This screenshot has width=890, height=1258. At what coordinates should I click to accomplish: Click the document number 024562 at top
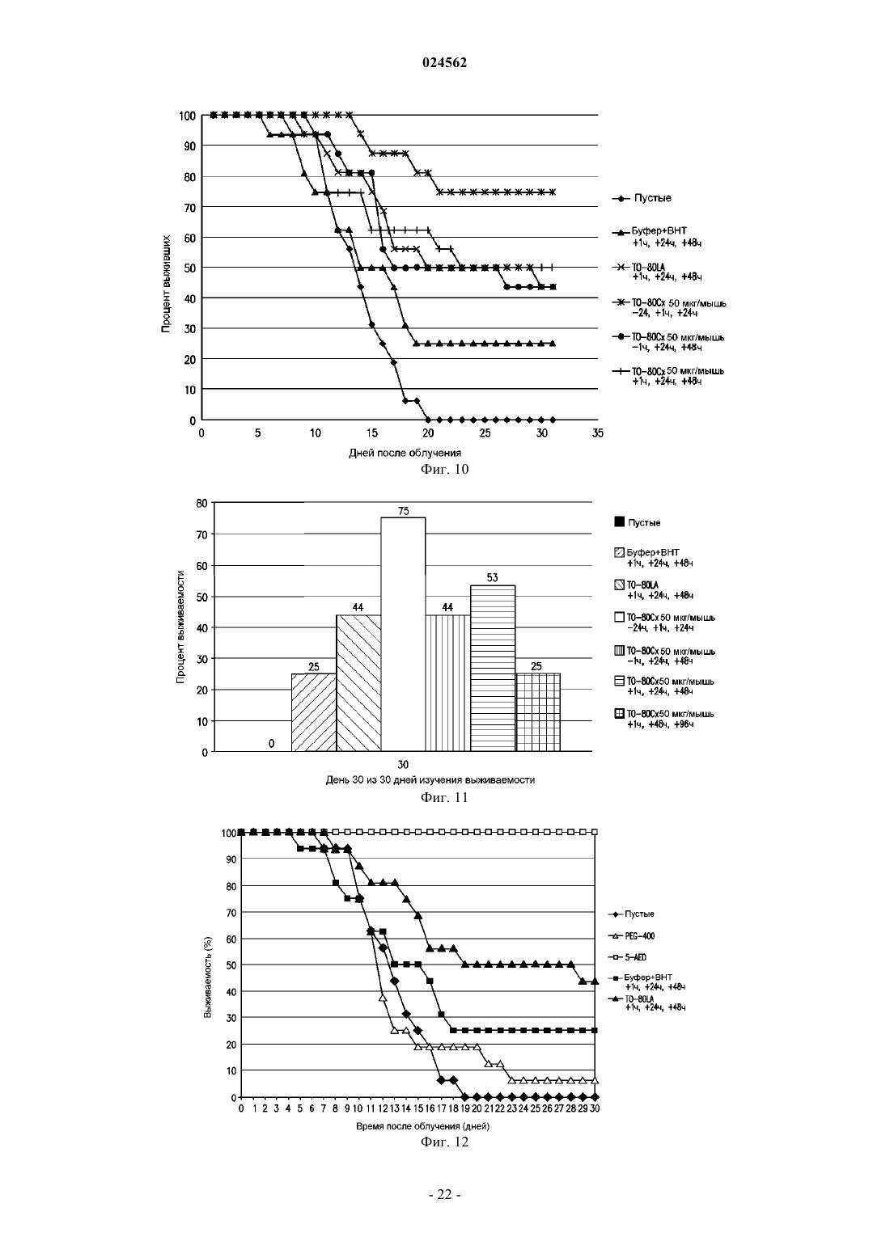coord(444,62)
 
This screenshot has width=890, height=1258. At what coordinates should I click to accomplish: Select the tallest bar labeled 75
coord(403,634)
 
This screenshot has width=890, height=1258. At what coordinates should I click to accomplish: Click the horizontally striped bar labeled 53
coord(493,669)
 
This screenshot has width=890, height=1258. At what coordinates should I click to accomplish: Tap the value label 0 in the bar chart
coord(271,744)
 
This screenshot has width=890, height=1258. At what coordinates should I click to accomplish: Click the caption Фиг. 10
coord(444,469)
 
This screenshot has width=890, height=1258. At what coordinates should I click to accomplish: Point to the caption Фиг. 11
coord(444,798)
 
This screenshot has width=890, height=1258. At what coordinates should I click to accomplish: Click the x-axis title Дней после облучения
coord(405,453)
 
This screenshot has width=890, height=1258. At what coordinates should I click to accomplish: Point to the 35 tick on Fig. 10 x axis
coord(598,433)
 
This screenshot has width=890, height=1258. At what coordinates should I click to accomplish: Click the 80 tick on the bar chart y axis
coord(201,503)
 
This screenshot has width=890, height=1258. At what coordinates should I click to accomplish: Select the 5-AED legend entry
coord(627,957)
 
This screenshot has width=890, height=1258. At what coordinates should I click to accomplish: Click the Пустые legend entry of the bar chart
coord(638,522)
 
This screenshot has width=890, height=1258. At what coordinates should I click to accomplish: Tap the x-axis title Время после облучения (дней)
coord(422,1126)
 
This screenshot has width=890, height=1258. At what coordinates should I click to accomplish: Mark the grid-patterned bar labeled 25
coord(538,712)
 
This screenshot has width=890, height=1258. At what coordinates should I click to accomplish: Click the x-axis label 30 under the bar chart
coord(403,764)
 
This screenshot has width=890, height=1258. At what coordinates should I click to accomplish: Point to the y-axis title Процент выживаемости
coord(180,627)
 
